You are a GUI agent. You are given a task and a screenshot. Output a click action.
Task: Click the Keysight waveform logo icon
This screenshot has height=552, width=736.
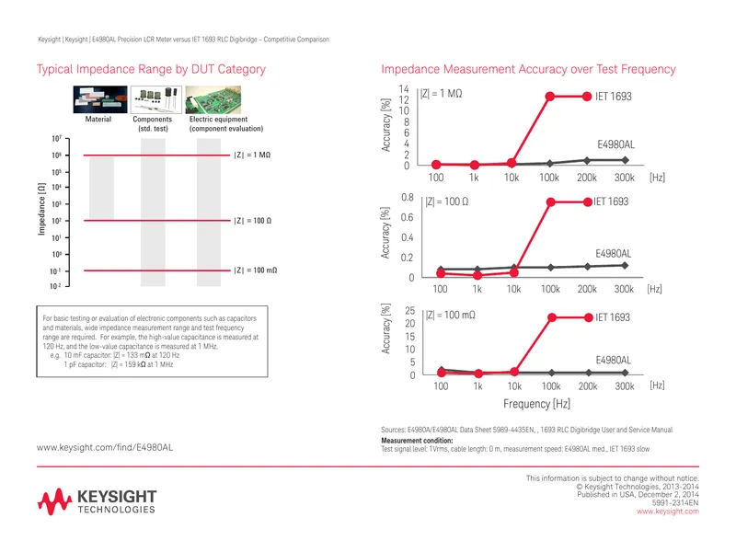point(54,501)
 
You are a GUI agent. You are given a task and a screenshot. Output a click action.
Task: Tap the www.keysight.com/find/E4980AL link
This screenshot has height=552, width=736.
point(105,447)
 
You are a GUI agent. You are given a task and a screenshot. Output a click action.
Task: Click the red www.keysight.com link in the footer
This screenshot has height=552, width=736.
point(668,512)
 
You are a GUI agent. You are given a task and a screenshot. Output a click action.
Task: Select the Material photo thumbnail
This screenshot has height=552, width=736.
point(100,99)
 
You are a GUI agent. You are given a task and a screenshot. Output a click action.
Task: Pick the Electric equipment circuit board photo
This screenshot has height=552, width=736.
point(213,99)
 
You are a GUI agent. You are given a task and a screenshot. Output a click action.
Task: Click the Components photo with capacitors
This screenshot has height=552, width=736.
point(155,99)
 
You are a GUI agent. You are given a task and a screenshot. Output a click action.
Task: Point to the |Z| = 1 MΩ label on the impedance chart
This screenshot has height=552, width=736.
point(252,155)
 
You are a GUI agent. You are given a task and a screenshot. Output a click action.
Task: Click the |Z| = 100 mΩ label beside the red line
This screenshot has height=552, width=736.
point(256,270)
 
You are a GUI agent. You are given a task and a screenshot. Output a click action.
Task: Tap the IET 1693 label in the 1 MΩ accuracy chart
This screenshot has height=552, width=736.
point(614,97)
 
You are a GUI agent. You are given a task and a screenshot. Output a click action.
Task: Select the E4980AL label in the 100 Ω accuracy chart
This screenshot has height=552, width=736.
point(614,254)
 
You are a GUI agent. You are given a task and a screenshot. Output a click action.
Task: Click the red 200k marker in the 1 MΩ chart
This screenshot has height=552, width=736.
point(587,97)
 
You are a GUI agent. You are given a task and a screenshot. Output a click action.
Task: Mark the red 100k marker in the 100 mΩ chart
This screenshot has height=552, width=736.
point(552,317)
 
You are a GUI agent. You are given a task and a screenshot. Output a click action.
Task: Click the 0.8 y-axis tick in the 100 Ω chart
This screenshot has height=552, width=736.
point(408,197)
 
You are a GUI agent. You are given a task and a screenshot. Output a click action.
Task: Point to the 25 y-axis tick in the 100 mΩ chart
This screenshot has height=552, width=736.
point(409,311)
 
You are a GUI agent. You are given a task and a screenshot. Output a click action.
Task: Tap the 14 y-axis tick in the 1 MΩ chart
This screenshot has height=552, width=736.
point(404,89)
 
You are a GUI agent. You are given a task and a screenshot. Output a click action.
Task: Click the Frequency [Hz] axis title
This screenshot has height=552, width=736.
point(536,404)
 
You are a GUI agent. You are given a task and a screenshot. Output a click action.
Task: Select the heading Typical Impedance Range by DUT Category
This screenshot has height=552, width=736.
point(151,70)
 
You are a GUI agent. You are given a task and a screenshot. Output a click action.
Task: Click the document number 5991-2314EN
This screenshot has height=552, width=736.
point(675,502)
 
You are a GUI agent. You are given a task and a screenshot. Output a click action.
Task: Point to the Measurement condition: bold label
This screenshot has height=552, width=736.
point(417,441)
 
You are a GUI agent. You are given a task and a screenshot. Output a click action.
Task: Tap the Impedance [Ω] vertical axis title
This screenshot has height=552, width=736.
point(41,209)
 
